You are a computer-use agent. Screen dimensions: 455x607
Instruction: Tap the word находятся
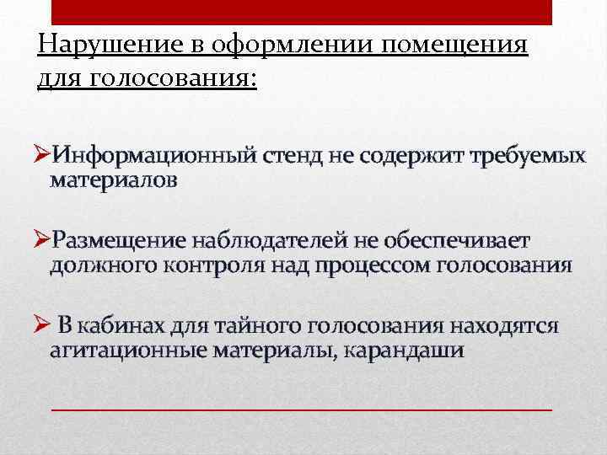tap(504, 326)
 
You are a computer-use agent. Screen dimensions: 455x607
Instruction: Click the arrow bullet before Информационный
tap(42, 156)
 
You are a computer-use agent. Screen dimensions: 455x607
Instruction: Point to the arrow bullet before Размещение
tap(42, 241)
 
